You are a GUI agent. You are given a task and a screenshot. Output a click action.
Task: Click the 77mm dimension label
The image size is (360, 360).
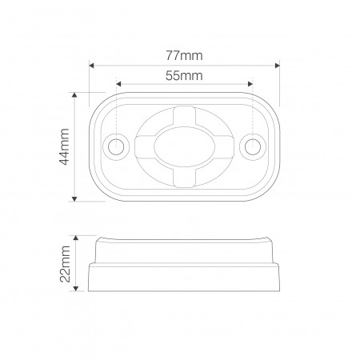tap(184, 56)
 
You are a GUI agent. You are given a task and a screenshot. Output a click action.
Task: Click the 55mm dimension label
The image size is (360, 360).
tap(184, 76)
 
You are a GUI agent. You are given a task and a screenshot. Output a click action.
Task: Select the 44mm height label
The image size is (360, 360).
tap(64, 147)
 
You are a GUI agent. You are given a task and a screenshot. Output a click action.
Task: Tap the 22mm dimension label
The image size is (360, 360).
tap(65, 264)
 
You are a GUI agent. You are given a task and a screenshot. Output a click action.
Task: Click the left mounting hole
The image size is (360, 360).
tap(116, 147)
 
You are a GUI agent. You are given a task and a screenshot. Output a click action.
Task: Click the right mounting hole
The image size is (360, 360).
tap(253, 146)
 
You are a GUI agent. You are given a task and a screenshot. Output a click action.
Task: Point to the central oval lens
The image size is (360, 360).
tap(184, 146)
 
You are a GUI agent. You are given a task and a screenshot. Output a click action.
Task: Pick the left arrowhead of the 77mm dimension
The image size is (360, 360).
tap(91, 66)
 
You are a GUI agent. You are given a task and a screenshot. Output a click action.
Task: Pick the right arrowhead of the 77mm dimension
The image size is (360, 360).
tap(278, 66)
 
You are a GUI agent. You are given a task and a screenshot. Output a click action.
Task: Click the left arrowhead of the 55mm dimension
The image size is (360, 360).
tap(118, 84)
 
